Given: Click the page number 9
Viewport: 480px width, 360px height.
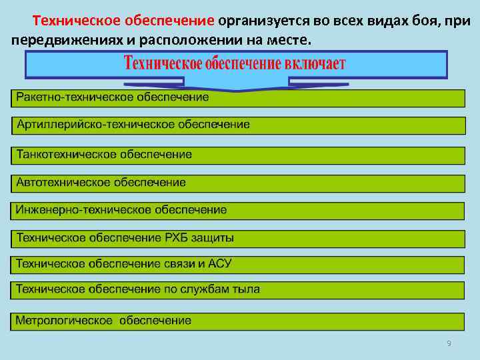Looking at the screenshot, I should (x=449, y=343).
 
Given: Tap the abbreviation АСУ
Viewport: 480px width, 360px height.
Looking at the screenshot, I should (x=220, y=263).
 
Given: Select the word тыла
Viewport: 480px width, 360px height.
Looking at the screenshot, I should (x=246, y=289).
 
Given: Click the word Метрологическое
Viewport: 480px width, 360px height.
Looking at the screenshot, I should (x=65, y=321).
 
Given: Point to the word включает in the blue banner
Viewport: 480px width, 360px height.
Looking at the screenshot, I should (x=313, y=64).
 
